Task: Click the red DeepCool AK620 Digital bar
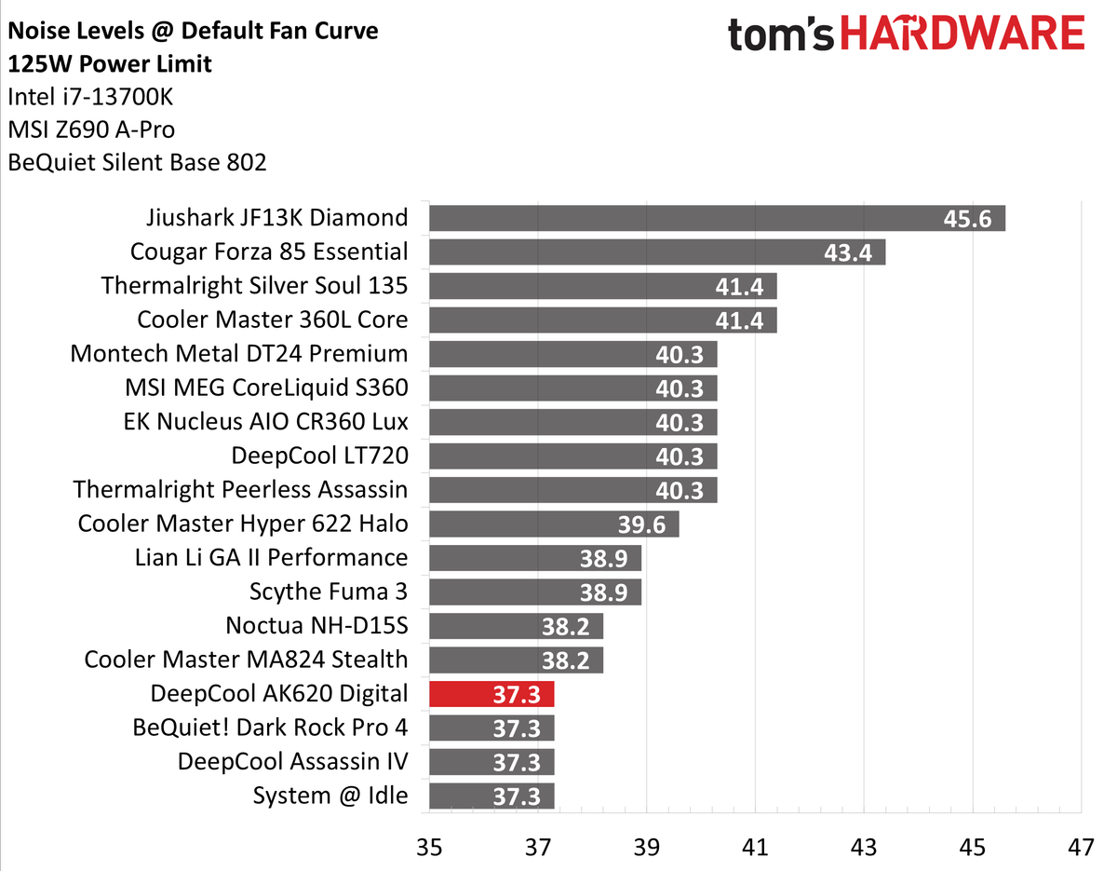point(491,694)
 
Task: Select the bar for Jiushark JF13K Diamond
point(717,218)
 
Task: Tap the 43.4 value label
point(849,252)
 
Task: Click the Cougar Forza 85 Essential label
point(269,252)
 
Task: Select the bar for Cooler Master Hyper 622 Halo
point(554,524)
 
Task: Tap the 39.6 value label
point(641,524)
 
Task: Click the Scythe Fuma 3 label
point(328,592)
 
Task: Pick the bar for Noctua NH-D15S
point(516,626)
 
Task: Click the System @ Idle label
point(330,796)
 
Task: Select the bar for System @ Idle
point(491,796)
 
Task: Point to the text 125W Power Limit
point(109,64)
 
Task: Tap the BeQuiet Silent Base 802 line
point(137,163)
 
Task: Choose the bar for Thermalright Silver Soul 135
point(602,286)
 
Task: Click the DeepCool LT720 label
point(319,456)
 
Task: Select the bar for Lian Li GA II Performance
point(535,558)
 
